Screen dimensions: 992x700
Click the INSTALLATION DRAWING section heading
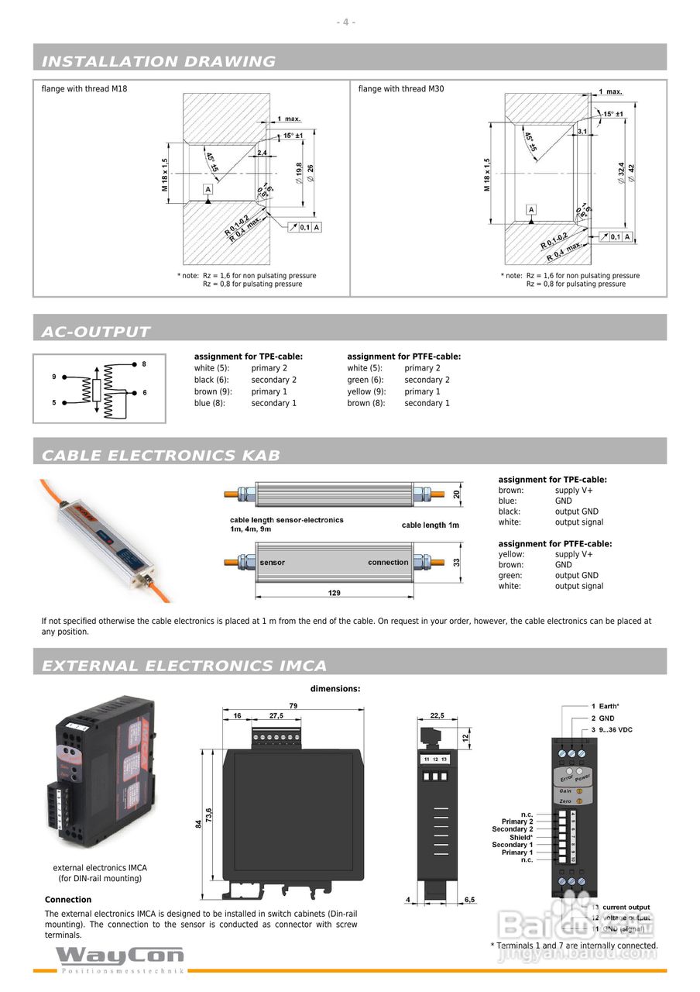158,61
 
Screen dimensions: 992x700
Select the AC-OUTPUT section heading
95,332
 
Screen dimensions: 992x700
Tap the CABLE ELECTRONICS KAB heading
160,455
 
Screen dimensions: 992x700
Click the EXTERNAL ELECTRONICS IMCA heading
184,666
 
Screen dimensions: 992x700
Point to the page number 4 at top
346,22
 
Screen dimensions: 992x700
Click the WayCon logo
120,956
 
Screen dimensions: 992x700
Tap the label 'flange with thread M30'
401,89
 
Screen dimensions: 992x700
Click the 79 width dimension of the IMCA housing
293,706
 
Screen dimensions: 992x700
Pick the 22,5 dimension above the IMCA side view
437,716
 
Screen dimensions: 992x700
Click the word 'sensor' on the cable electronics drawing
272,563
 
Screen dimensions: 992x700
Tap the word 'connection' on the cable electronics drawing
388,563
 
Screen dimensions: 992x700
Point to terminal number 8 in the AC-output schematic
144,363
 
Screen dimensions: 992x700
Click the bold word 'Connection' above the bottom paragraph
68,900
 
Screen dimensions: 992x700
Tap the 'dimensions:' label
335,688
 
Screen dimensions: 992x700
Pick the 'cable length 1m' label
430,525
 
